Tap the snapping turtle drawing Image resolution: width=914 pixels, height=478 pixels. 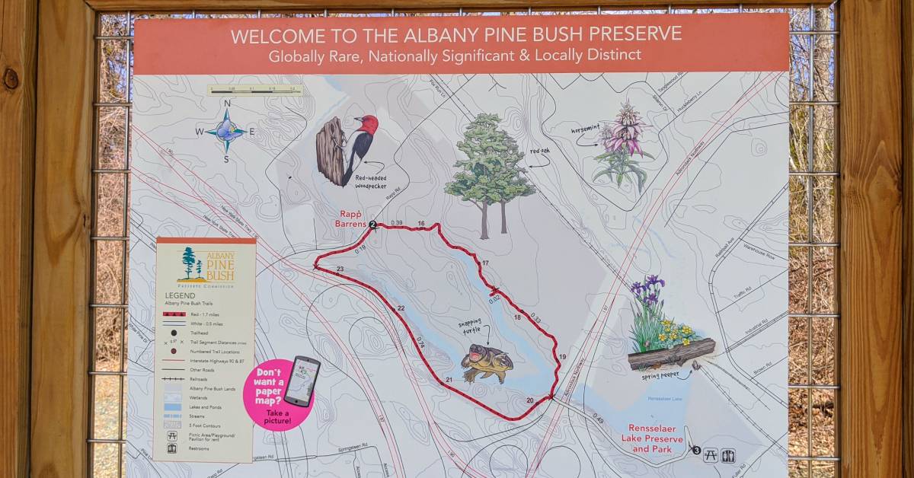point(486,363)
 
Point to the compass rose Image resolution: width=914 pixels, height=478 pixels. point(226,131)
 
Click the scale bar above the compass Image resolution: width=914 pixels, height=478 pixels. point(255,90)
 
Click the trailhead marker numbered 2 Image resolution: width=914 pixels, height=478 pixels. point(372,225)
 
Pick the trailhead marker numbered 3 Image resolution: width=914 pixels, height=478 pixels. point(696,450)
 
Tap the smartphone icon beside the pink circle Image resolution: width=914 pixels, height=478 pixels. point(303,380)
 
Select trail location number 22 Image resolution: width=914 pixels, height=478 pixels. point(401,308)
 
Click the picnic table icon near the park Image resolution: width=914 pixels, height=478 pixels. point(711,455)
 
